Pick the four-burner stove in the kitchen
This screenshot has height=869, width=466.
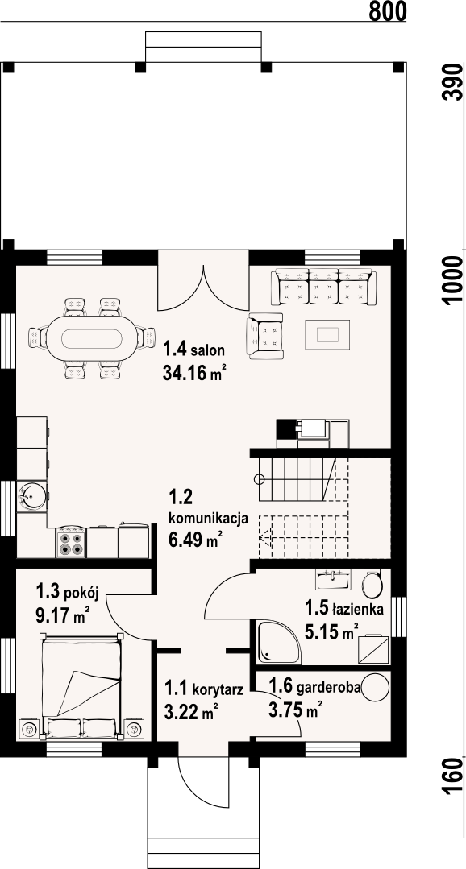pos(71,543)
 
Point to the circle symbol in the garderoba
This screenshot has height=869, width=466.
pos(377,688)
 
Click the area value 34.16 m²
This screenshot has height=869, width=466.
pos(194,373)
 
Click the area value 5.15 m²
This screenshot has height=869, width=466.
pos(331,633)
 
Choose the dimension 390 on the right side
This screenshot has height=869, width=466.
pos(454,84)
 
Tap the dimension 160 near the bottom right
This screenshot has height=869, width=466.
pos(454,776)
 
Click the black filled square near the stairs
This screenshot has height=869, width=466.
pos(285,429)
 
